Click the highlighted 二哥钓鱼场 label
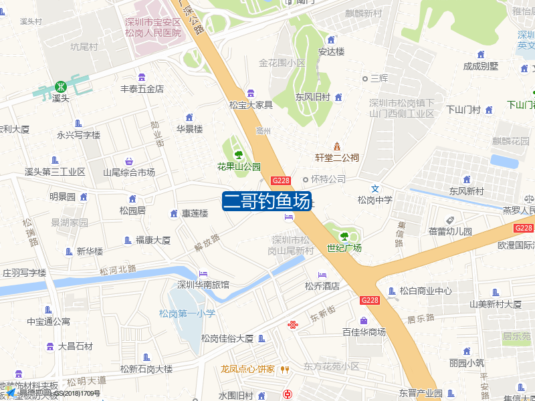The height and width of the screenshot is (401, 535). (267, 201)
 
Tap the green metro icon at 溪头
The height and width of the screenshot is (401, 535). (61, 86)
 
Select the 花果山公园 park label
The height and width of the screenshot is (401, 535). (239, 166)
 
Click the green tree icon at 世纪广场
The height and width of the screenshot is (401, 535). (344, 236)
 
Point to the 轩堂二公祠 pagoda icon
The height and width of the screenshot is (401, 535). (337, 146)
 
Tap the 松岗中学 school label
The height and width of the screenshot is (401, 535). (374, 200)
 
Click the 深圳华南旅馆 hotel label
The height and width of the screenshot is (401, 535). (203, 285)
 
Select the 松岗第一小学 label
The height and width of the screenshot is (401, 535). (187, 313)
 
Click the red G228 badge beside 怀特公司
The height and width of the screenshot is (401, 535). (281, 180)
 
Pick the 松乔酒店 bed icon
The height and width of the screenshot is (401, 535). (322, 275)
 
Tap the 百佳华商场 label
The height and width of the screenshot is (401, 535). (364, 332)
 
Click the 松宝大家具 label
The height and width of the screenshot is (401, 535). (251, 105)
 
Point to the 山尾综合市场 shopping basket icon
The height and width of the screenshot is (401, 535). (129, 161)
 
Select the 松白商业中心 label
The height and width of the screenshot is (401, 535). (425, 291)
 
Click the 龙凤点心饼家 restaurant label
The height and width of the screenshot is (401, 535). (247, 369)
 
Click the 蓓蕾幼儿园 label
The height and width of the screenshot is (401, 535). (450, 232)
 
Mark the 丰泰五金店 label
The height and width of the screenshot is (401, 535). (142, 89)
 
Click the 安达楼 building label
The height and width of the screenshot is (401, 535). (331, 51)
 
